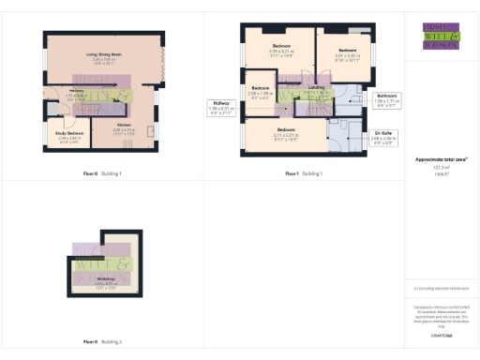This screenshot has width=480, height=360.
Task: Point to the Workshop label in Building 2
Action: (106, 281)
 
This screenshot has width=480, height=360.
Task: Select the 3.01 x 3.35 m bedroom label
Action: (347, 52)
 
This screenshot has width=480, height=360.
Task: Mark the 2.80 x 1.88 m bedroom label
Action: (261, 92)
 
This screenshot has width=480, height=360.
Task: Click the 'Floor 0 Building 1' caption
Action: (103, 174)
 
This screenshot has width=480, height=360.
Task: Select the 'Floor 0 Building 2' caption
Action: (103, 343)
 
